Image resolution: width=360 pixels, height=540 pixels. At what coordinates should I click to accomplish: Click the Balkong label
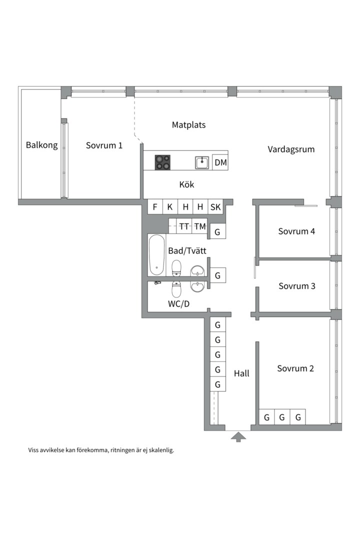pyautogui.click(x=41, y=145)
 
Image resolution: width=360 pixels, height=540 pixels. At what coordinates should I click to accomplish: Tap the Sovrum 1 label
pyautogui.click(x=104, y=145)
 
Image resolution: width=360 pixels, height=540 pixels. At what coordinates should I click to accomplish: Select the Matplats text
pyautogui.click(x=189, y=124)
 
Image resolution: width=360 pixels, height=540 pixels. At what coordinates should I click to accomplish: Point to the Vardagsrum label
pyautogui.click(x=291, y=149)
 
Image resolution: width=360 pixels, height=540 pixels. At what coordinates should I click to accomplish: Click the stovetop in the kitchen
pyautogui.click(x=162, y=162)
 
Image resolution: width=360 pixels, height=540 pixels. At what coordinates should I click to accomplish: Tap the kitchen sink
pyautogui.click(x=202, y=162)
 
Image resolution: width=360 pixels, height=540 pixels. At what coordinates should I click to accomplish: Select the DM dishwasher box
pyautogui.click(x=220, y=162)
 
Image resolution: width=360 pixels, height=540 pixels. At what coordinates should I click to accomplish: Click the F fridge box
pyautogui.click(x=155, y=206)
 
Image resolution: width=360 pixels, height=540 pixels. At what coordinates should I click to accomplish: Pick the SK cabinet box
pyautogui.click(x=215, y=206)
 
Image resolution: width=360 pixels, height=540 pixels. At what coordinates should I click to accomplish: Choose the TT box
pyautogui.click(x=184, y=226)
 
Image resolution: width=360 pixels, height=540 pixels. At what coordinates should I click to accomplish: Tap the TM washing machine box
pyautogui.click(x=200, y=226)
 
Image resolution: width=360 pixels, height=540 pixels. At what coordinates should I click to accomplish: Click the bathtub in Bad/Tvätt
pyautogui.click(x=156, y=255)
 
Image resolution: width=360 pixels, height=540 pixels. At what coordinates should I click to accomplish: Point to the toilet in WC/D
pyautogui.click(x=176, y=289)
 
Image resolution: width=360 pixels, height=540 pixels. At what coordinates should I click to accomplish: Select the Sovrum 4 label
pyautogui.click(x=296, y=231)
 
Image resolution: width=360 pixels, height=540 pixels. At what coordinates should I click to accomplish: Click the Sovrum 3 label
pyautogui.click(x=297, y=286)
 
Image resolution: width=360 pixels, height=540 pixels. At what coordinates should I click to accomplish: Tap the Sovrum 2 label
pyautogui.click(x=295, y=368)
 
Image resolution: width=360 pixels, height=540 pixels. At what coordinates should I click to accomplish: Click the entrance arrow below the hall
pyautogui.click(x=238, y=437)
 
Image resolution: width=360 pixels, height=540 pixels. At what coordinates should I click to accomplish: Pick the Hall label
pyautogui.click(x=241, y=373)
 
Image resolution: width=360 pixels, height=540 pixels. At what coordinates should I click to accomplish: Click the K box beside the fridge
pyautogui.click(x=170, y=206)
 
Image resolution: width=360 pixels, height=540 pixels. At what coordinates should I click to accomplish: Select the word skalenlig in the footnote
pyautogui.click(x=161, y=450)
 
